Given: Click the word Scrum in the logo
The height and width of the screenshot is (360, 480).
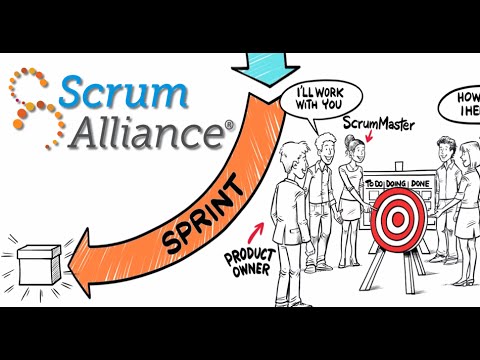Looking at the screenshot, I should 123,92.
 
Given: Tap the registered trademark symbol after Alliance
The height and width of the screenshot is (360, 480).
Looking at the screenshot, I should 229,127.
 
